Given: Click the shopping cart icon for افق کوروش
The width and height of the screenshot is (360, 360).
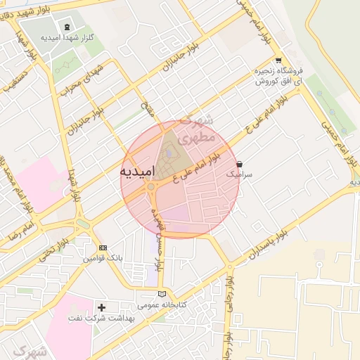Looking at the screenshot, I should (279, 60).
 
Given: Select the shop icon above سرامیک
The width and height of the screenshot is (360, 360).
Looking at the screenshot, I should (240, 163).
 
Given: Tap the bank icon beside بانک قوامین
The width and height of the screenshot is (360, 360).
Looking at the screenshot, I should (103, 247).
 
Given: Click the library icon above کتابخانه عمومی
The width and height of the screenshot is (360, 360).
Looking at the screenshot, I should (162, 293).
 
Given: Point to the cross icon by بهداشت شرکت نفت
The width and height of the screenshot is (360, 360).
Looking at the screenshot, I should (102, 307).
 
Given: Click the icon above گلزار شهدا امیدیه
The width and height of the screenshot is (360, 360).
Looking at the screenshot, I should (67, 27).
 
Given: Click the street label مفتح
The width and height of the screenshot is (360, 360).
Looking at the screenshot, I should (146, 109).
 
